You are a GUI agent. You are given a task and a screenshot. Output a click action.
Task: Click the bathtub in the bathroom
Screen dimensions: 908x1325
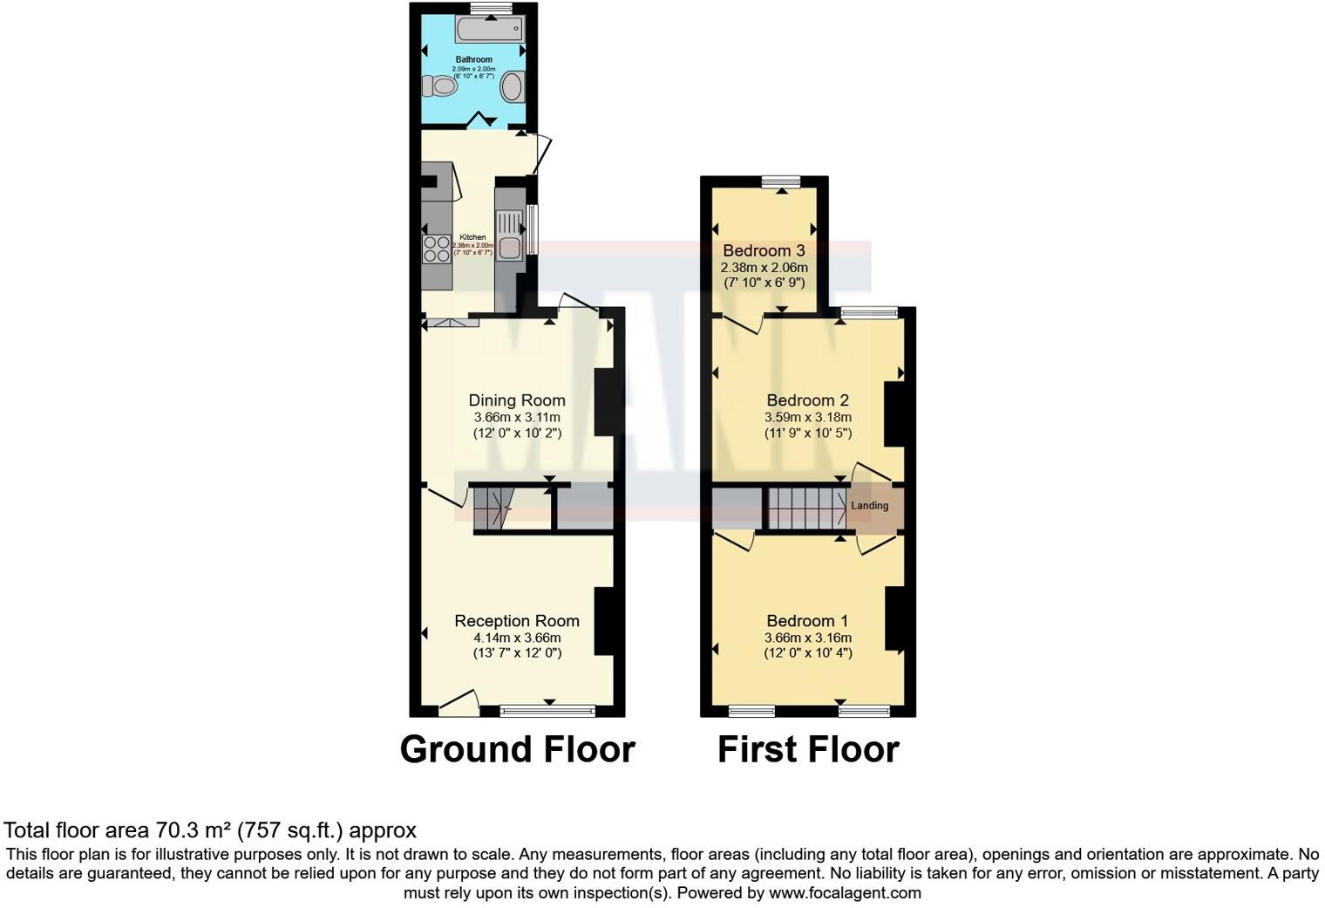488,29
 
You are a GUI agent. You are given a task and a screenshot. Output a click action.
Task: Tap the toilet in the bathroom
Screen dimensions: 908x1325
439,86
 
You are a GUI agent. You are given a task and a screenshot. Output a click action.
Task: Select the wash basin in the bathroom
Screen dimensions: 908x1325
512,87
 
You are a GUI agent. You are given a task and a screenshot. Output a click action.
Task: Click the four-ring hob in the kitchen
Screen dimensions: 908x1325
436,249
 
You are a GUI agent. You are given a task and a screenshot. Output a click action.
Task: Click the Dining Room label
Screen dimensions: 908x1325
517,400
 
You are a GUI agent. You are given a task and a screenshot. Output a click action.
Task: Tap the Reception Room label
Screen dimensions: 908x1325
517,621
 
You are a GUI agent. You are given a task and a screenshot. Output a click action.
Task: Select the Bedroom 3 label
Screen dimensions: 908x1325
764,251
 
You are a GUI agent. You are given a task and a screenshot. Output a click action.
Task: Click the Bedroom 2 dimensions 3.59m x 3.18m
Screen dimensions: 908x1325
808,417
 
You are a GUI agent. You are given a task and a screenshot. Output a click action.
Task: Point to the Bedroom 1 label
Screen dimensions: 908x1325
807,621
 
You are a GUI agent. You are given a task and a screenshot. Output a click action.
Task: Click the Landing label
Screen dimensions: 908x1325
870,506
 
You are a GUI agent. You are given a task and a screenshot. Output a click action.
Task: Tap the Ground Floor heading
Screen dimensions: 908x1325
517,749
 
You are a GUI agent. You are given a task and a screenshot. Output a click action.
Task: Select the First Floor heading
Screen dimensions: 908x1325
808,749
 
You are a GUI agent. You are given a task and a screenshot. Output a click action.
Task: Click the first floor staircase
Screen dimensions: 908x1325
805,508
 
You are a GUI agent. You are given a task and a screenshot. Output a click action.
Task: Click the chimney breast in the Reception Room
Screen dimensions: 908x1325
604,621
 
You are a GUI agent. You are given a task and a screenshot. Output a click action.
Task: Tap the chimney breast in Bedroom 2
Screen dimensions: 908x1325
894,416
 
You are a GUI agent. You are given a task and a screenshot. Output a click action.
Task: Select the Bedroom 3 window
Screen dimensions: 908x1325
781,181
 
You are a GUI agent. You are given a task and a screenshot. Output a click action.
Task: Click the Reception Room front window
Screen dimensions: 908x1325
548,711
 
